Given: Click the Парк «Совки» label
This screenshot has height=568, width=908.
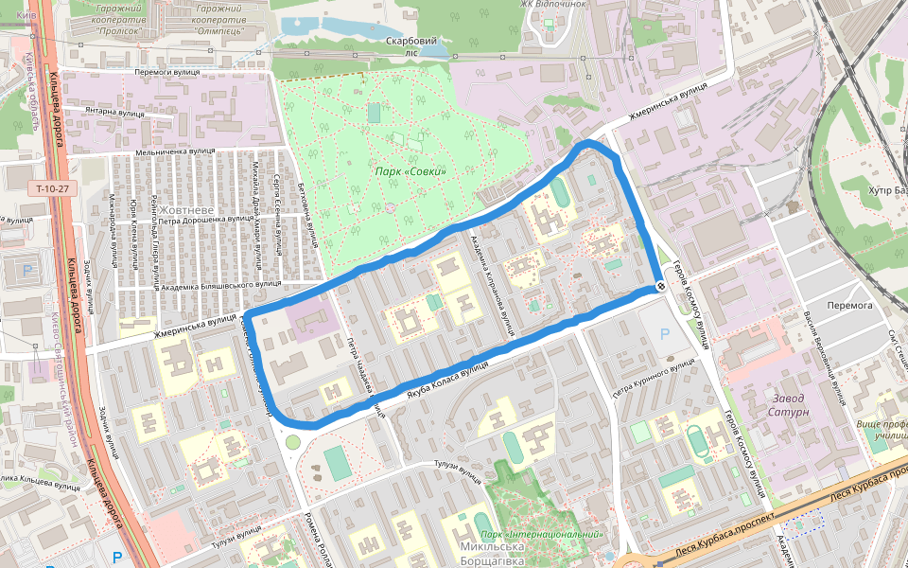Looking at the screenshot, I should pyautogui.click(x=410, y=171).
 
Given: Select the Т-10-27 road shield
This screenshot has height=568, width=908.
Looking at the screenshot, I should pyautogui.click(x=53, y=188).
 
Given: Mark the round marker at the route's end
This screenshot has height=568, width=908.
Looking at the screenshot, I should pyautogui.click(x=659, y=287).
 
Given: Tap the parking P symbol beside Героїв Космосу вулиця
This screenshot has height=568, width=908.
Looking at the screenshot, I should pyautogui.click(x=664, y=333).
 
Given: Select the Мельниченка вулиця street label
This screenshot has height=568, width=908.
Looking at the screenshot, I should pyautogui.click(x=176, y=151).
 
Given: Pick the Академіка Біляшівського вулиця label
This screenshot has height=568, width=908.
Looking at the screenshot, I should pyautogui.click(x=221, y=284).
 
